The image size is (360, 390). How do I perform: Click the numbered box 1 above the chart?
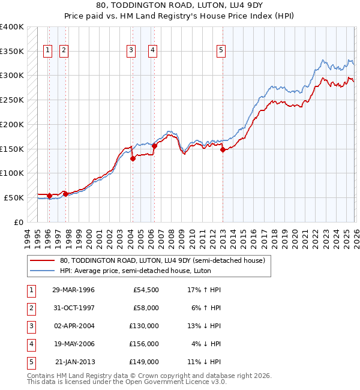pos(47,51)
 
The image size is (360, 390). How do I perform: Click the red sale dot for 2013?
pos(223,150)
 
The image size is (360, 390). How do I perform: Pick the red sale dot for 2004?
pos(133,159)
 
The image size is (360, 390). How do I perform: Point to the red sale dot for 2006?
pos(154,146)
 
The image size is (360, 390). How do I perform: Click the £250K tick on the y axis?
pos(12,100)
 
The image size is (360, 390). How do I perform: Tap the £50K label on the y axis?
pos(14,197)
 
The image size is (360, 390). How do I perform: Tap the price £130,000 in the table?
pos(144,326)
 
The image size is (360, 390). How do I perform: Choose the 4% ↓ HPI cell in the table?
pos(206,344)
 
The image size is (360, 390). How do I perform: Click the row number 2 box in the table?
pos(31,308)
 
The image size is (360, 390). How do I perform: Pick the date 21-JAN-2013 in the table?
pos(74,362)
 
